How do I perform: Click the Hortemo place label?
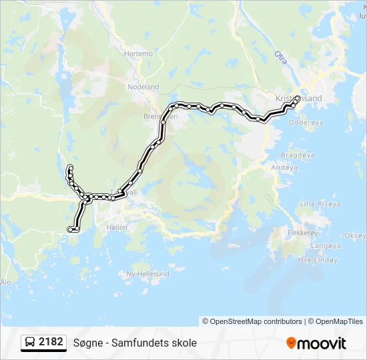click(x=138, y=53)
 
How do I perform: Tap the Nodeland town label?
click(x=144, y=87)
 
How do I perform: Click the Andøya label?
click(x=284, y=167)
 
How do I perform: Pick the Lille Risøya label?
click(x=321, y=203)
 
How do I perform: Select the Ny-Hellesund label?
click(x=148, y=273)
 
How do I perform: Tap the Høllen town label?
click(x=116, y=227)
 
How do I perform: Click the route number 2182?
click(x=51, y=342)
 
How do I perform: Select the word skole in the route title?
click(x=183, y=343)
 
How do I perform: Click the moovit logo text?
click(x=322, y=343)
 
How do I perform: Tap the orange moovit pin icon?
click(x=291, y=343)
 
